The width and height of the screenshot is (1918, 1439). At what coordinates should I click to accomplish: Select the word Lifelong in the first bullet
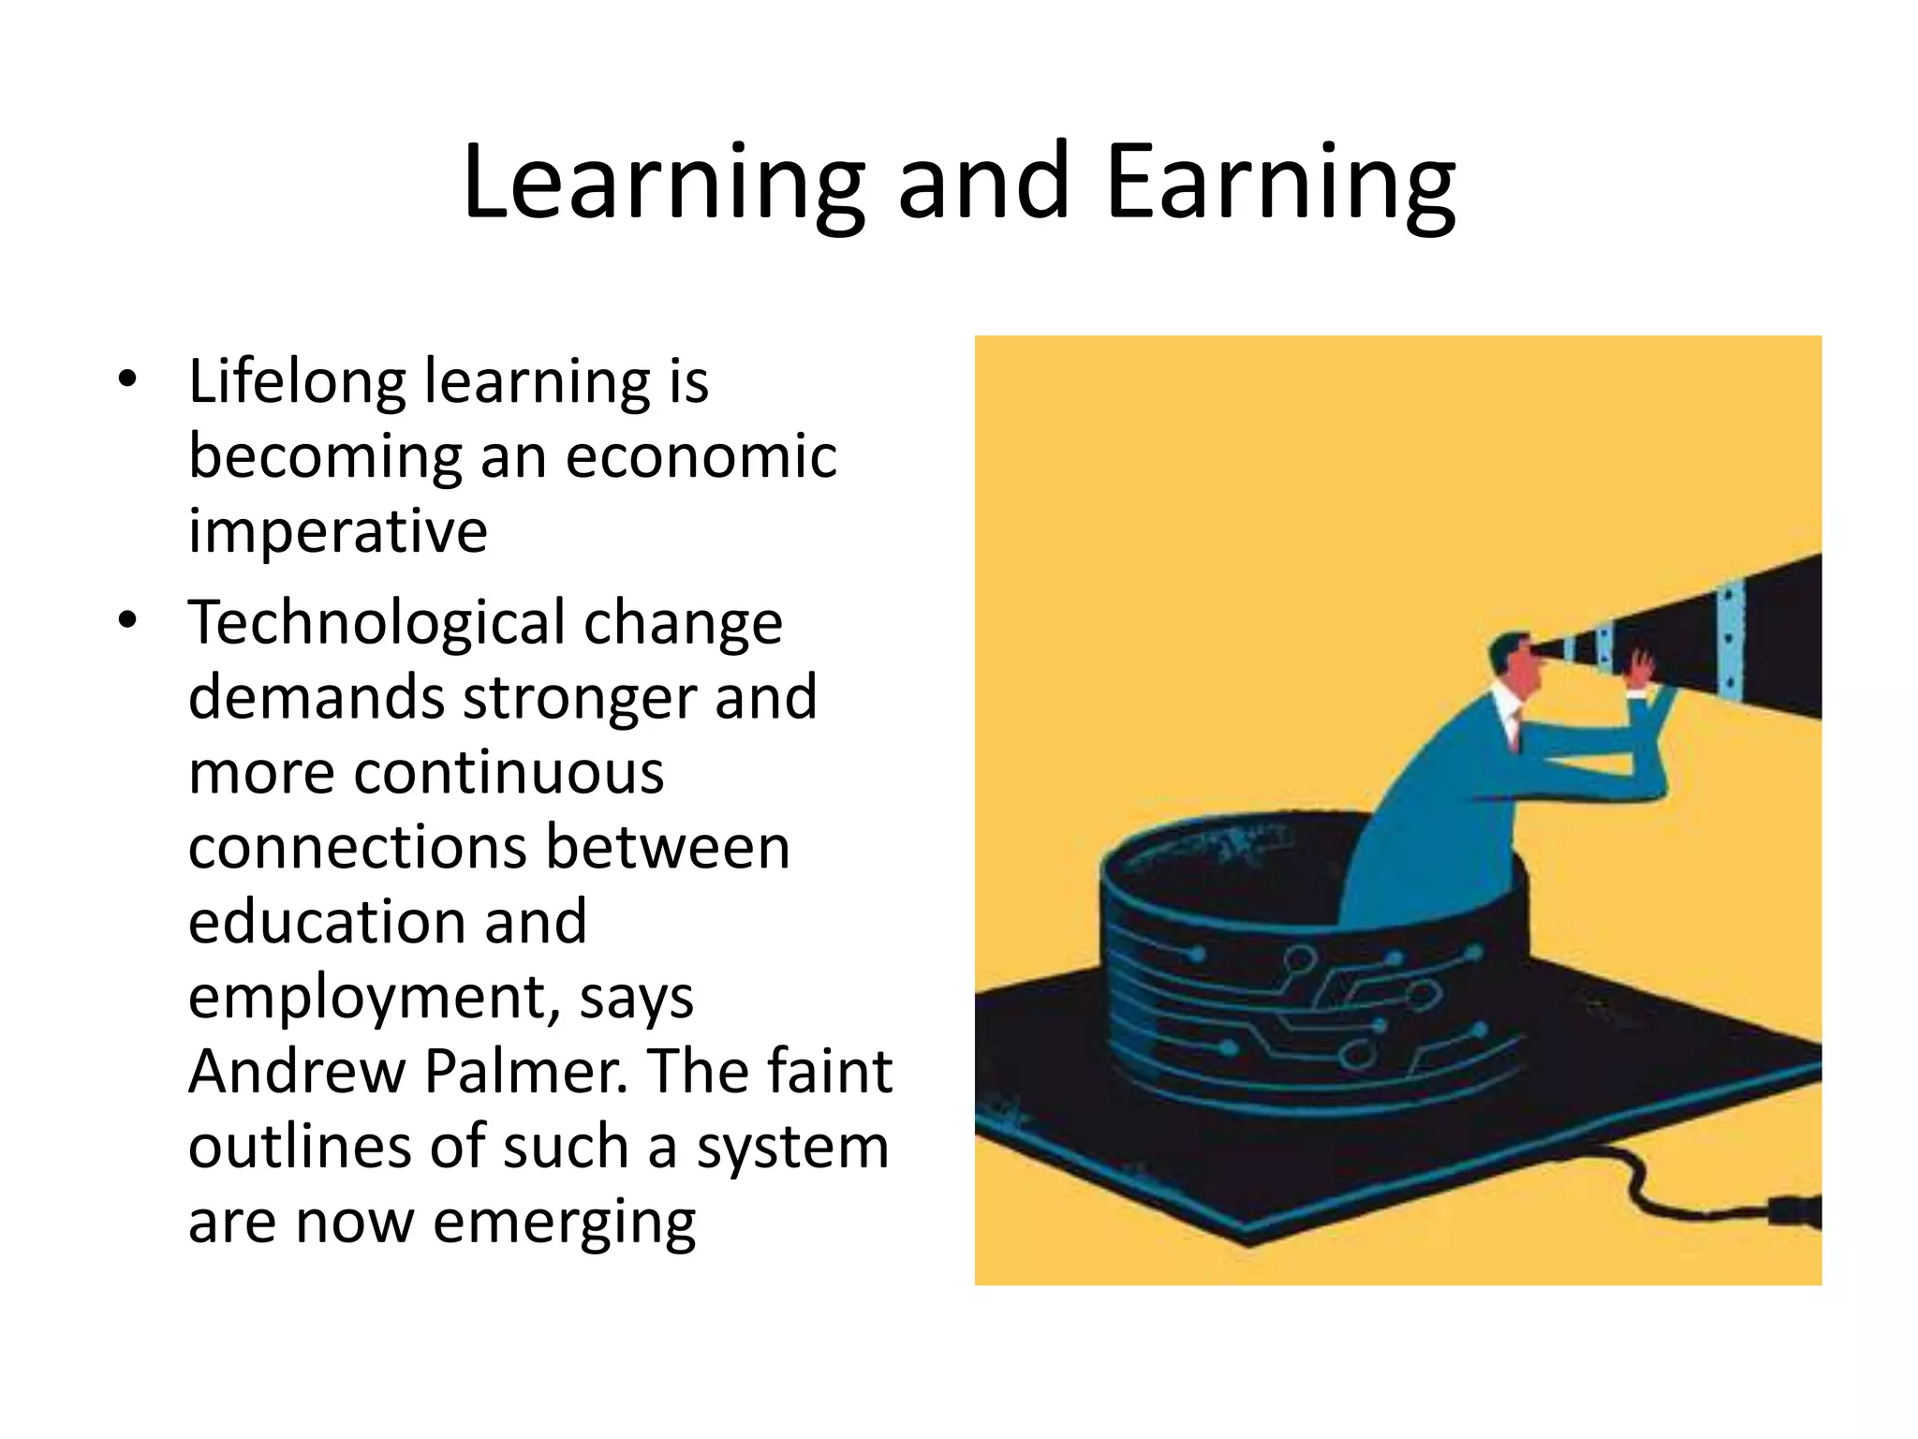coord(295,381)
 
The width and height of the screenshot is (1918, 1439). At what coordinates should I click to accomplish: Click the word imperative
coord(338,531)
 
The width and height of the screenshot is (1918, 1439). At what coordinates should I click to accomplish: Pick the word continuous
coord(509,773)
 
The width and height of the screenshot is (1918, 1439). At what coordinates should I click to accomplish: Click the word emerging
coord(565,1223)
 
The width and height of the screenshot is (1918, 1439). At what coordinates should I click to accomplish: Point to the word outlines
coord(299,1147)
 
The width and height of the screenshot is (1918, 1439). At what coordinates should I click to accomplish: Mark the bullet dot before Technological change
coord(127,620)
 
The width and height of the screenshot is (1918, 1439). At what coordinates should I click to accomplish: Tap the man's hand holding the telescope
coord(1641,668)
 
